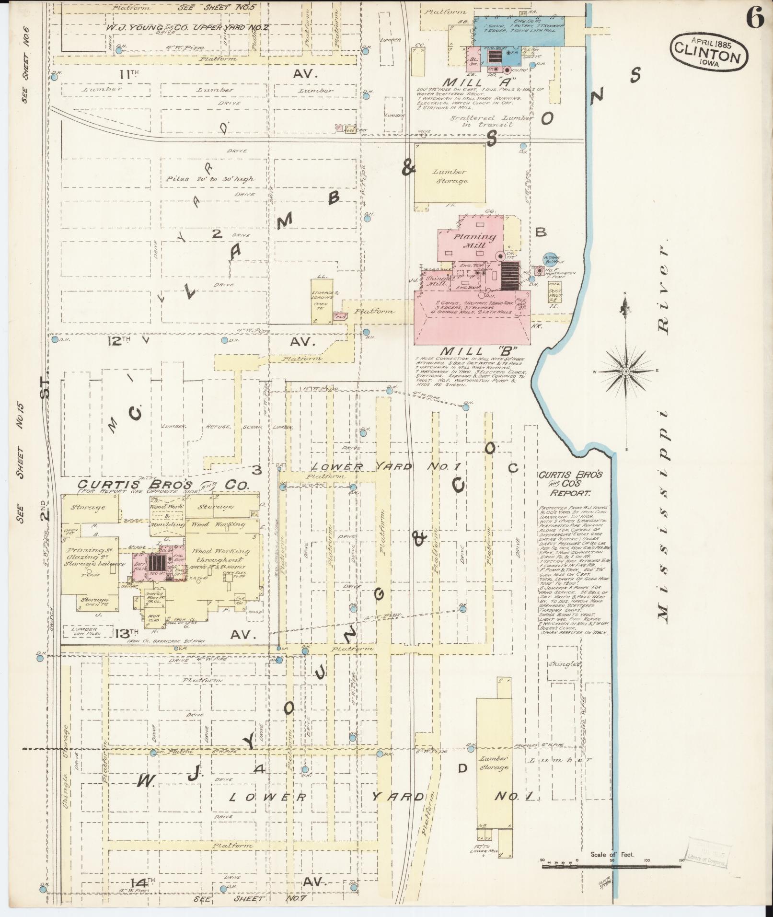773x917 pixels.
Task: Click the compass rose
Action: (x=626, y=371)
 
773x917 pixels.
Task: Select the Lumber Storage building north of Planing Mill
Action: (x=450, y=176)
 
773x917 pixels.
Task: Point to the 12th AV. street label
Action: (x=120, y=341)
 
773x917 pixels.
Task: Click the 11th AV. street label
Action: (x=129, y=74)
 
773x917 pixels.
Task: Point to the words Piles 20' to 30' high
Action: (x=210, y=179)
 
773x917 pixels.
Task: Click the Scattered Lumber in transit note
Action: (x=491, y=121)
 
